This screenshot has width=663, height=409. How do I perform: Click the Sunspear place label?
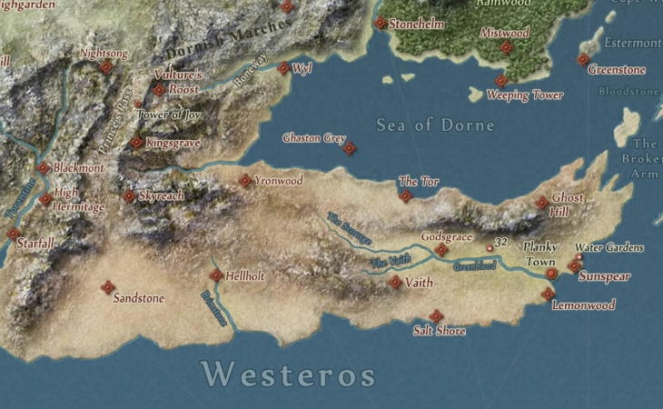(604, 277)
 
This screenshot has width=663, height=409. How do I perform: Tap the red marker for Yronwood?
(245, 181)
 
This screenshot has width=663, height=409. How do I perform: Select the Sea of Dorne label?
(435, 125)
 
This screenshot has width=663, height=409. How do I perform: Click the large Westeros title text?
(288, 374)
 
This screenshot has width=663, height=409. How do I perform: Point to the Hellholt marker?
(216, 275)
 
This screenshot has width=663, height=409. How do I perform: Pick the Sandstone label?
(138, 298)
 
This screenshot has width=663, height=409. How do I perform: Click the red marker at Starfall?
(14, 234)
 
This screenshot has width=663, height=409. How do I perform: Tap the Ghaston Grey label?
(314, 139)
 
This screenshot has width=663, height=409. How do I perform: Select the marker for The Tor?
(405, 195)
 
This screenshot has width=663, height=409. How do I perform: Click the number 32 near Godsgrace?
(501, 242)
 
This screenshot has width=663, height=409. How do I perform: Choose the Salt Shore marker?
(436, 315)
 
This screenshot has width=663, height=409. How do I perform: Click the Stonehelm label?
(417, 25)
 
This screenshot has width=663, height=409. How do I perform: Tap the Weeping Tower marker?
(500, 81)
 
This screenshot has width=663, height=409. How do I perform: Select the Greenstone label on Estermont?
(617, 70)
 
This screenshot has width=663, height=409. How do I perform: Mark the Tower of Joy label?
(168, 115)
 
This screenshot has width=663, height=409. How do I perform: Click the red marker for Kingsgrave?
(136, 143)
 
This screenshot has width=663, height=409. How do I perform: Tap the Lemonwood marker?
(548, 294)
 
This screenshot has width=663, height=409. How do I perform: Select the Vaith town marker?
(394, 283)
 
